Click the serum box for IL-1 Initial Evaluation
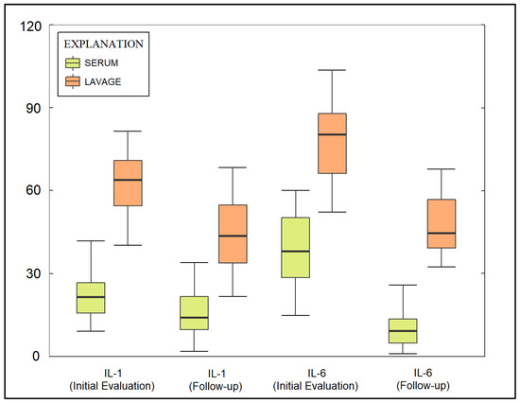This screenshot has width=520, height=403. click(x=91, y=297)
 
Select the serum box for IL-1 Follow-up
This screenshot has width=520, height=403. click(x=195, y=312)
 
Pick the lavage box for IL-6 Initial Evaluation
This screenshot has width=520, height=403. click(x=332, y=143)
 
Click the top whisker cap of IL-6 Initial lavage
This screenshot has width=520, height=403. click(x=332, y=70)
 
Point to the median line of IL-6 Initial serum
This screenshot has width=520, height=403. click(x=296, y=252)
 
